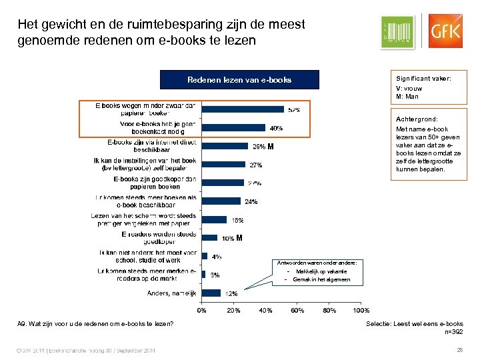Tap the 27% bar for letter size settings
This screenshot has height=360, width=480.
coord(223,164)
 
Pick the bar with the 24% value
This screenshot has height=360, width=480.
coord(221,201)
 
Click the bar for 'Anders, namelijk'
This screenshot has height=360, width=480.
coord(211,292)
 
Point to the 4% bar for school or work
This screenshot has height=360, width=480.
coord(205,255)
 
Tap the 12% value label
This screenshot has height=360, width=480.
coord(230,293)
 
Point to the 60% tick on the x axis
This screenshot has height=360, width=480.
coord(297,310)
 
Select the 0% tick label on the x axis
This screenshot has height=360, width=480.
coord(201,310)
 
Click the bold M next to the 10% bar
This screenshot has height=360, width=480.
coord(239,237)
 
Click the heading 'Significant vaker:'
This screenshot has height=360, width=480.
coord(423,79)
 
